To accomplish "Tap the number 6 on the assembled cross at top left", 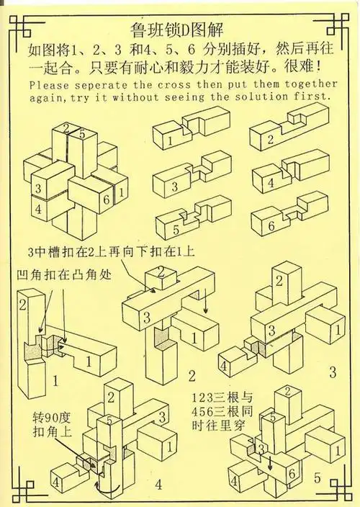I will [104, 199].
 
